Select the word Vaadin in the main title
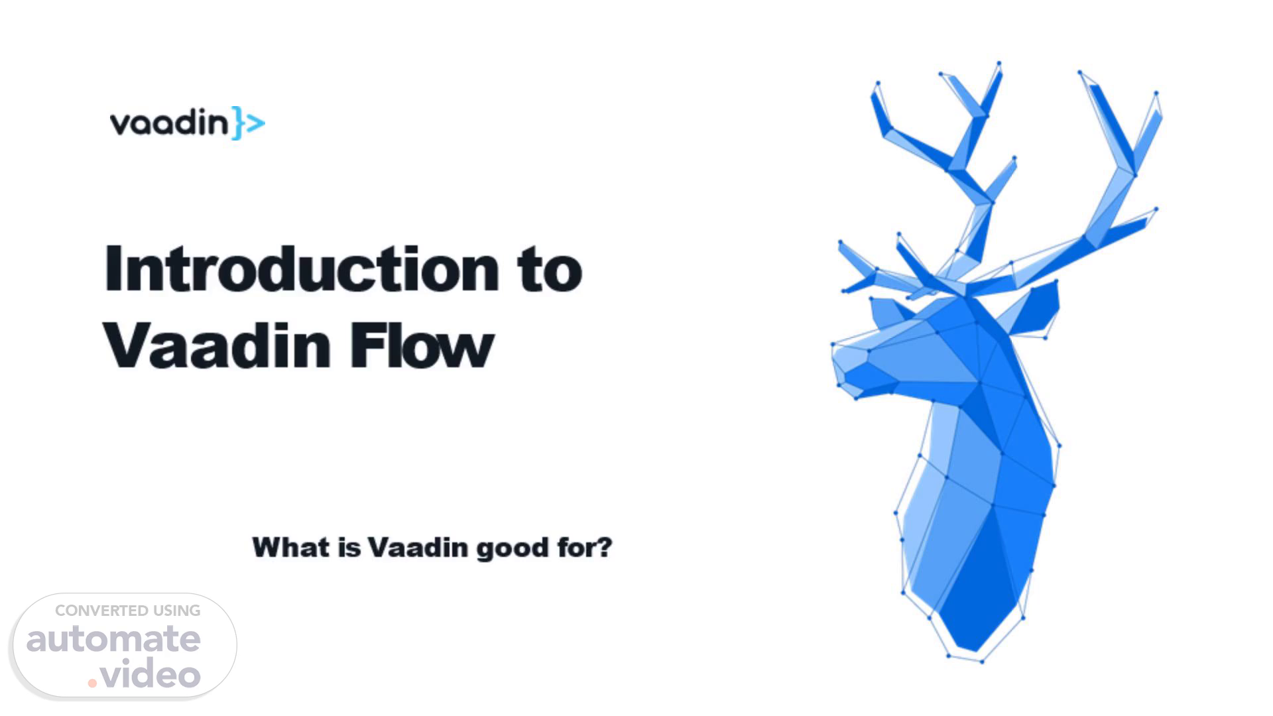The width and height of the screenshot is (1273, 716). [x=217, y=345]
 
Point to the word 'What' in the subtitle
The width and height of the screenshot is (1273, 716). [x=290, y=548]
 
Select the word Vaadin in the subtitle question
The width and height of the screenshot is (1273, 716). [x=418, y=548]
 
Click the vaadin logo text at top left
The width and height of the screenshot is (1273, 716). [x=169, y=123]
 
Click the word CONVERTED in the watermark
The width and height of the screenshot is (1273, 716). [x=101, y=611]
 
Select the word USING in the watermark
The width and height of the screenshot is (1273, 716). [x=177, y=611]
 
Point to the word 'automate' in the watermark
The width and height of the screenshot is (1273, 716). [x=113, y=640]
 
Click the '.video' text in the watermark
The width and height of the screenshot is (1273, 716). [x=145, y=675]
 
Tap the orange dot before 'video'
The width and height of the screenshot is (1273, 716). [x=92, y=683]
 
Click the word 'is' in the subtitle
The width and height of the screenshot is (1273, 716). [x=349, y=548]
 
